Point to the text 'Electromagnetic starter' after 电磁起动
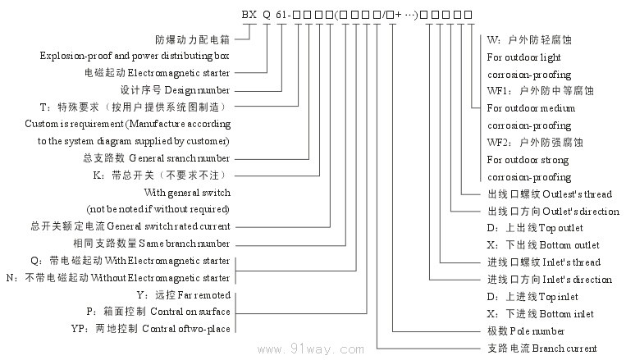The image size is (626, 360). (178, 72)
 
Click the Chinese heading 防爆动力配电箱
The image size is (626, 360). (192, 39)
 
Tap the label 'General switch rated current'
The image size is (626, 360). (171, 226)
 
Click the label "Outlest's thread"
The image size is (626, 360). (577, 194)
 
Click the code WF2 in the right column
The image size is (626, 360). (497, 143)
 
